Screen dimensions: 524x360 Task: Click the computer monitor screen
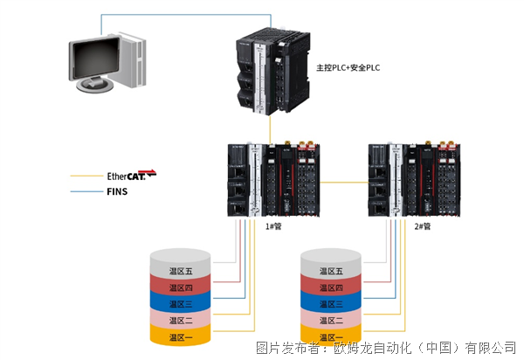(x=96, y=58)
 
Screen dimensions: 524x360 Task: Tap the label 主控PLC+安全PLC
(x=348, y=67)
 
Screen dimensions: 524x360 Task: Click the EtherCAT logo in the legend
(x=131, y=175)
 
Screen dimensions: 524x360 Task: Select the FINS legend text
(x=117, y=191)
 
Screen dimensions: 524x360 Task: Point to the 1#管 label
(x=273, y=226)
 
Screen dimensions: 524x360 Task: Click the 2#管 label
(x=423, y=226)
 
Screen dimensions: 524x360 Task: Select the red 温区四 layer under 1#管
(x=181, y=286)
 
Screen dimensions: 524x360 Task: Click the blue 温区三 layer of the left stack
(x=181, y=302)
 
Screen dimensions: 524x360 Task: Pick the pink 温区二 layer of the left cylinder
(x=181, y=319)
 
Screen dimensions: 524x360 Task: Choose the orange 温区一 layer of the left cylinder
(x=181, y=336)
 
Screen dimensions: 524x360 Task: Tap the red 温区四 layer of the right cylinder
(x=331, y=286)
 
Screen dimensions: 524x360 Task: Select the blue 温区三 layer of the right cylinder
(x=331, y=302)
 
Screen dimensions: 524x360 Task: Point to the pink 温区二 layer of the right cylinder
(x=331, y=319)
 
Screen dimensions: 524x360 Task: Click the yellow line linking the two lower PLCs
(x=344, y=183)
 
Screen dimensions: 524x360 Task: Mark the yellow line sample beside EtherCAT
(x=86, y=176)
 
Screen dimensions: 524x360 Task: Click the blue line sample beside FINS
(x=86, y=191)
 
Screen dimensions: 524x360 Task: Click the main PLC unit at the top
(x=273, y=72)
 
